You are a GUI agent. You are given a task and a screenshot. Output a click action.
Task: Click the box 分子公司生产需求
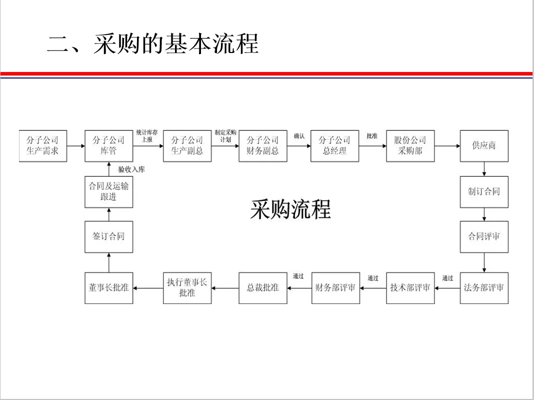pyautogui.click(x=42, y=145)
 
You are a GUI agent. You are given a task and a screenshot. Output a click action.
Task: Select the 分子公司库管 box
pyautogui.click(x=108, y=145)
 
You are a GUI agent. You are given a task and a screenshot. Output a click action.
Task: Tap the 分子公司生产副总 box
pyautogui.click(x=187, y=145)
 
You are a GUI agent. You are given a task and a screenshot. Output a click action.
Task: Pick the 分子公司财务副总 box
pyautogui.click(x=263, y=145)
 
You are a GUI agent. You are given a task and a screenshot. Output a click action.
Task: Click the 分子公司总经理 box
pyautogui.click(x=335, y=145)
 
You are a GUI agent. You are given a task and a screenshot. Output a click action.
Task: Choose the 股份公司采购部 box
pyautogui.click(x=410, y=145)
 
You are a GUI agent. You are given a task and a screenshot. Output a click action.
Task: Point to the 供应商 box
pyautogui.click(x=484, y=145)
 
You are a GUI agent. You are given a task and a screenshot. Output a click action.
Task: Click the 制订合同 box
pyautogui.click(x=484, y=191)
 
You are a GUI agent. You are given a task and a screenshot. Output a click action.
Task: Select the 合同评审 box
pyautogui.click(x=484, y=236)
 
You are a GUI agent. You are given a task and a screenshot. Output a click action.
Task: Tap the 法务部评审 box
pyautogui.click(x=484, y=287)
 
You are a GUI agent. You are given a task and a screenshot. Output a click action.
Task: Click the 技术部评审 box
pyautogui.click(x=410, y=287)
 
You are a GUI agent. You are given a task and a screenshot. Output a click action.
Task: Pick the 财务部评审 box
pyautogui.click(x=335, y=287)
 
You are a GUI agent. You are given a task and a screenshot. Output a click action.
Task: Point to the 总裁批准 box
pyautogui.click(x=263, y=287)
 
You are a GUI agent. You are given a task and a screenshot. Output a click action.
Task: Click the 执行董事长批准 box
pyautogui.click(x=187, y=287)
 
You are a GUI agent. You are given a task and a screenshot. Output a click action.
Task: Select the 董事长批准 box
pyautogui.click(x=108, y=287)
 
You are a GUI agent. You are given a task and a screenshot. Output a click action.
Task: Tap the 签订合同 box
pyautogui.click(x=108, y=236)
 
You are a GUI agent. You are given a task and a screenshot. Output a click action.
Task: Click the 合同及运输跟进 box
pyautogui.click(x=108, y=191)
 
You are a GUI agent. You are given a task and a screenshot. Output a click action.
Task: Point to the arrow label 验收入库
pyautogui.click(x=131, y=169)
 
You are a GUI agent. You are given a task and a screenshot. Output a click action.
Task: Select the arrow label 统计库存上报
pyautogui.click(x=147, y=136)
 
